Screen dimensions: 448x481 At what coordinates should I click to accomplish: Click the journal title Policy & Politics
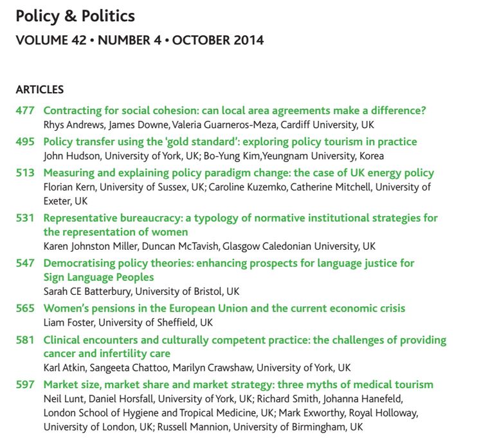click(x=75, y=15)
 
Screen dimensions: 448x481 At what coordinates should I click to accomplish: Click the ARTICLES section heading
click(x=39, y=89)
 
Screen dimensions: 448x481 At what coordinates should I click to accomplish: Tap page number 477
click(x=25, y=111)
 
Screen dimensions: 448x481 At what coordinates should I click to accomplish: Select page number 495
click(x=25, y=142)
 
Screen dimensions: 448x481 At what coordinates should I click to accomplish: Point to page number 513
click(x=25, y=173)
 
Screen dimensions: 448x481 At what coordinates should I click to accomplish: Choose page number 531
click(x=25, y=218)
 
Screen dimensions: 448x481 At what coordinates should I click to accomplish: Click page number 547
click(x=25, y=263)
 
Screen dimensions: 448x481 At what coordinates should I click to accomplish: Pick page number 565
click(x=25, y=308)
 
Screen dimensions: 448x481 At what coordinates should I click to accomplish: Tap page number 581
click(x=25, y=339)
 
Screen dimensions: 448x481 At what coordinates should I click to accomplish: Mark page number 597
click(x=25, y=385)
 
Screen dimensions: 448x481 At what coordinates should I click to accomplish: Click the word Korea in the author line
click(x=370, y=156)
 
